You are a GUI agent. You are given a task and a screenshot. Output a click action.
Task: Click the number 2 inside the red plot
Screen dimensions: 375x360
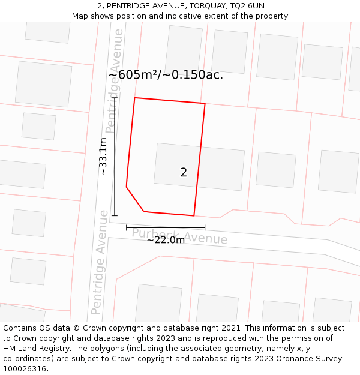[184, 173]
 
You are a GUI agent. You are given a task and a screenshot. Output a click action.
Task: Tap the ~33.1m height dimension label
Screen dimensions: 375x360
[103, 157]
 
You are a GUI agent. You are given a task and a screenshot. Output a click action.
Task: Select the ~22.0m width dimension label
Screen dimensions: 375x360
[166, 240]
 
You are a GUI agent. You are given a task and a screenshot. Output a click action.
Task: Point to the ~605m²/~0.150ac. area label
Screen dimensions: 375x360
[166, 75]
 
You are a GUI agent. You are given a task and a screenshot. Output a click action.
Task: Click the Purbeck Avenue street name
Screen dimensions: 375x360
[179, 236]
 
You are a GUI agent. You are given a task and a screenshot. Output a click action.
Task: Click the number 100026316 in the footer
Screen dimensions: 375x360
[25, 368]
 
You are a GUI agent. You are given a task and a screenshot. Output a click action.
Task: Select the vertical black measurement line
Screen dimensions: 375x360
[115, 156]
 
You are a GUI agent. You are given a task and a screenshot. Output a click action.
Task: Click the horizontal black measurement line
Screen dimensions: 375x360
[166, 227]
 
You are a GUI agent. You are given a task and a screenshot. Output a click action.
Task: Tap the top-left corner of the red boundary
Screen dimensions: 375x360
[135, 98]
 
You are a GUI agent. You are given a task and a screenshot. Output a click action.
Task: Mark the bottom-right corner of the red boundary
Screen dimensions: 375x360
[194, 215]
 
